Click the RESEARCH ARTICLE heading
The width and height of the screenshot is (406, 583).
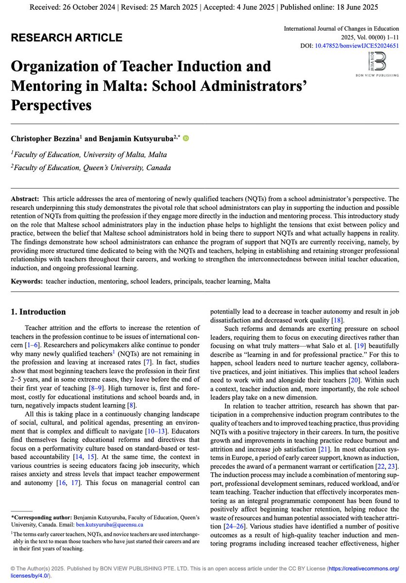pos(67,38)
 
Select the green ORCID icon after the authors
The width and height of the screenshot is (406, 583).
pos(186,138)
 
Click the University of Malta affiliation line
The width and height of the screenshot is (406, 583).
pos(89,155)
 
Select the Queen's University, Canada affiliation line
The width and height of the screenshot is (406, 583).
pos(91,168)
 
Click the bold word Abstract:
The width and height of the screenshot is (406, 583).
pos(25,199)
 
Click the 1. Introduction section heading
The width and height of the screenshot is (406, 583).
pos(38,312)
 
